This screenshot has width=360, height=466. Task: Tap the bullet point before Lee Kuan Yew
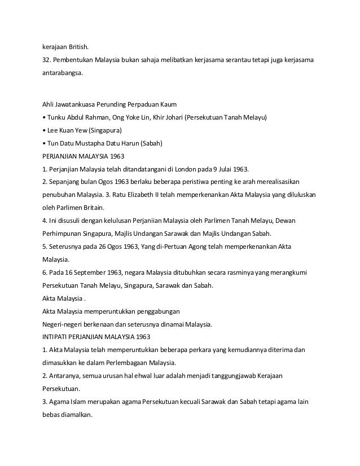tap(44, 131)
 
